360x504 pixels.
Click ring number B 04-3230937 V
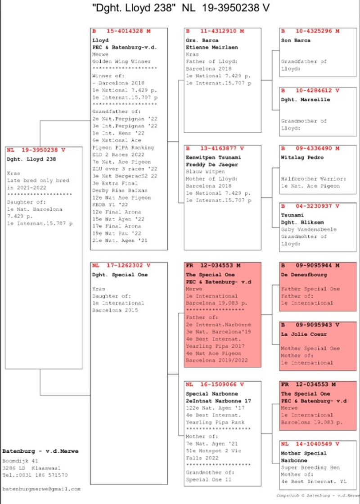click(x=310, y=206)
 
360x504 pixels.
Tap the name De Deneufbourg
click(x=304, y=275)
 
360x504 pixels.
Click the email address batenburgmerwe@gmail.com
click(x=41, y=489)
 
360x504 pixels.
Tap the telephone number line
click(x=35, y=475)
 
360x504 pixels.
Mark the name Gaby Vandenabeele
click(x=308, y=229)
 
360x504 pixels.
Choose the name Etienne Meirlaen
click(x=212, y=47)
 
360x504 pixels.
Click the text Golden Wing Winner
click(x=121, y=62)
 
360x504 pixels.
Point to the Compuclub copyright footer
click(x=318, y=495)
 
